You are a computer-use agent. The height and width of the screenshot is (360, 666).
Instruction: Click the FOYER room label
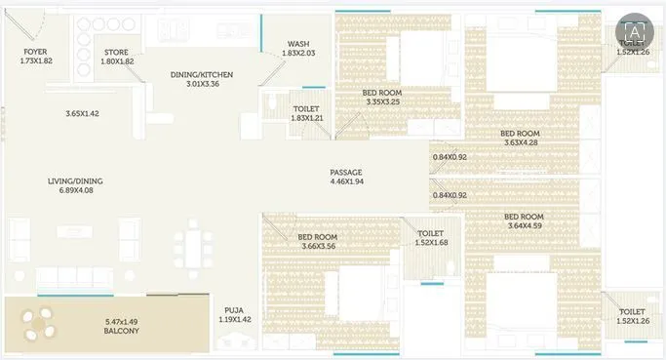(34, 52)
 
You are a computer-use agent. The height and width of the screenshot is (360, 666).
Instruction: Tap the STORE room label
(118, 52)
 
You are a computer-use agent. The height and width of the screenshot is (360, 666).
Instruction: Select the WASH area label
(298, 44)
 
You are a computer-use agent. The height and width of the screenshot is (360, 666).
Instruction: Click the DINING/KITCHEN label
(203, 74)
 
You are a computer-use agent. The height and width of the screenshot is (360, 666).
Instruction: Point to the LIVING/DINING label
(75, 180)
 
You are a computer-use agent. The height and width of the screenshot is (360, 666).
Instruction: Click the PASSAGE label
(346, 172)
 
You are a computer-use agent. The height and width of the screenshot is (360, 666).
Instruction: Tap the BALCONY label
(122, 331)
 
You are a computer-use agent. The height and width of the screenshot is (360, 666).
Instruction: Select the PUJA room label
(233, 309)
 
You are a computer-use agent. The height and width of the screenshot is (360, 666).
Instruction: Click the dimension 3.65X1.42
(83, 114)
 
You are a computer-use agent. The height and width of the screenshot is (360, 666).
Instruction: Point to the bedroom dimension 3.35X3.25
(381, 101)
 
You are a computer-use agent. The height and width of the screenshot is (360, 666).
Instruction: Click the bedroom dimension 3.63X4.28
(520, 142)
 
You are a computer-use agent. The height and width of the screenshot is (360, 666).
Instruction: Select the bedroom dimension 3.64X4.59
(524, 225)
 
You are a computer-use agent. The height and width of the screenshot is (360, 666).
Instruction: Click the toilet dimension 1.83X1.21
(306, 118)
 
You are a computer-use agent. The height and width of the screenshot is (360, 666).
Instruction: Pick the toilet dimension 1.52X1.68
(430, 243)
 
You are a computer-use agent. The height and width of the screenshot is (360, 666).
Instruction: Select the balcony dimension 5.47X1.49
(122, 321)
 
